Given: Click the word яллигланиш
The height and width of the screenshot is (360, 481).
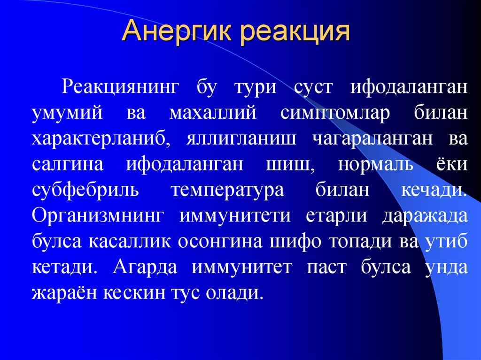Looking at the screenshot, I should click(x=239, y=140).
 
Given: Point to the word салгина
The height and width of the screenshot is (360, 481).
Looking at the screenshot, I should click(x=70, y=165).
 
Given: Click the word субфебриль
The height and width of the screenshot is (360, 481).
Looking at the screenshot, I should click(x=85, y=191).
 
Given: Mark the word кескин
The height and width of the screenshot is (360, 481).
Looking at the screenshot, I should click(x=141, y=293).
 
